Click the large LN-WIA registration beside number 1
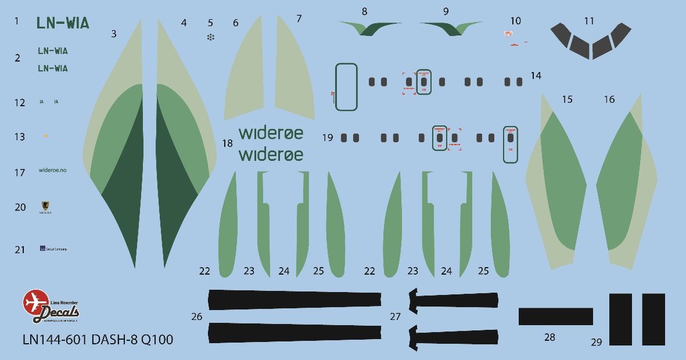[x=63, y=23]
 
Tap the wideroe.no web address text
[x=52, y=170]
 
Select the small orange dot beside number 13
[x=46, y=136]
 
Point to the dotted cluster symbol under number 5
[x=210, y=37]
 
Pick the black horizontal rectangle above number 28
[x=555, y=316]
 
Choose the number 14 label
[x=536, y=75]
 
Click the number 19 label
[x=327, y=138]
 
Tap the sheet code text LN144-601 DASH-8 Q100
[x=98, y=340]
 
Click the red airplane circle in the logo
[x=34, y=301]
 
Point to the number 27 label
[x=395, y=316]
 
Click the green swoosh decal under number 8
[x=370, y=27]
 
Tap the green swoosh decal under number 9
[x=450, y=27]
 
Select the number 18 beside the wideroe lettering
[x=227, y=143]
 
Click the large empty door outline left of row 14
[x=346, y=87]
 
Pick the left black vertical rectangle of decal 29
[x=620, y=320]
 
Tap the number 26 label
[x=197, y=316]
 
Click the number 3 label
[x=114, y=34]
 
